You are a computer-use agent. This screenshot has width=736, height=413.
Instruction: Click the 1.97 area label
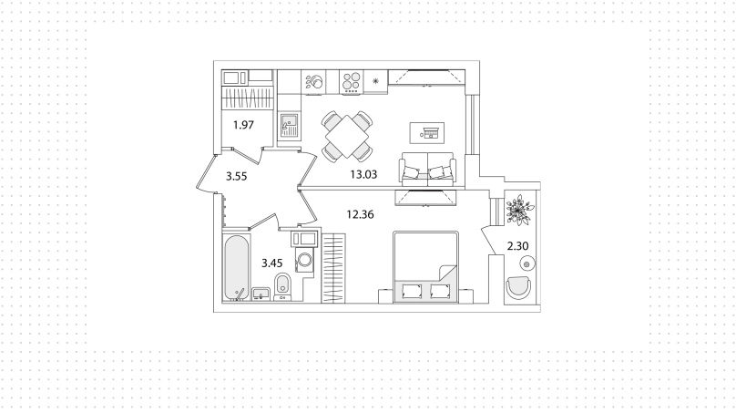[243, 125]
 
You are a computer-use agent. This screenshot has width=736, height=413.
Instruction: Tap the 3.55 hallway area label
[236, 177]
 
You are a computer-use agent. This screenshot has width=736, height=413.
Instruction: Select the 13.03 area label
[363, 175]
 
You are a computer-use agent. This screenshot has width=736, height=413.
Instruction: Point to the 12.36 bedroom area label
[360, 215]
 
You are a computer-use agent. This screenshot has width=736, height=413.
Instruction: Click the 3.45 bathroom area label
[272, 263]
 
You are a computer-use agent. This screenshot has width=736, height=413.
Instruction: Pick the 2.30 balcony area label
[517, 246]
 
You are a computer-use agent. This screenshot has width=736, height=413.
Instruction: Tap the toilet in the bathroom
[282, 286]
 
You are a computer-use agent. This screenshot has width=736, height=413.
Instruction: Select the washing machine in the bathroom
[304, 260]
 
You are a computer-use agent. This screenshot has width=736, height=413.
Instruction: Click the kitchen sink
[289, 126]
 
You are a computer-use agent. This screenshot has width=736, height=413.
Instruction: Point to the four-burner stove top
[351, 81]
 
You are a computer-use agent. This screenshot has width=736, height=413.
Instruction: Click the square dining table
[347, 136]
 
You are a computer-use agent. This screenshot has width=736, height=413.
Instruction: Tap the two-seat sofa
[427, 169]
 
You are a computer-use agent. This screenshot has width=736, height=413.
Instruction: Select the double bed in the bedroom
[425, 266]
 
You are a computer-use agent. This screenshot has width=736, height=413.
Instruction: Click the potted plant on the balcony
[517, 210]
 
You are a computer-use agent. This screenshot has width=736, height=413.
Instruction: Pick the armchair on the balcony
[518, 286]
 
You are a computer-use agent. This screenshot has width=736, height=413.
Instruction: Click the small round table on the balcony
[526, 264]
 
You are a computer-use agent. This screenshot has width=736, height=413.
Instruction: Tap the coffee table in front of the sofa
[426, 133]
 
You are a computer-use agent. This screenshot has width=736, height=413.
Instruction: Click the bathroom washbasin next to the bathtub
[261, 294]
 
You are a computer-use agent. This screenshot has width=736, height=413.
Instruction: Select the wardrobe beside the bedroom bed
[333, 268]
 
